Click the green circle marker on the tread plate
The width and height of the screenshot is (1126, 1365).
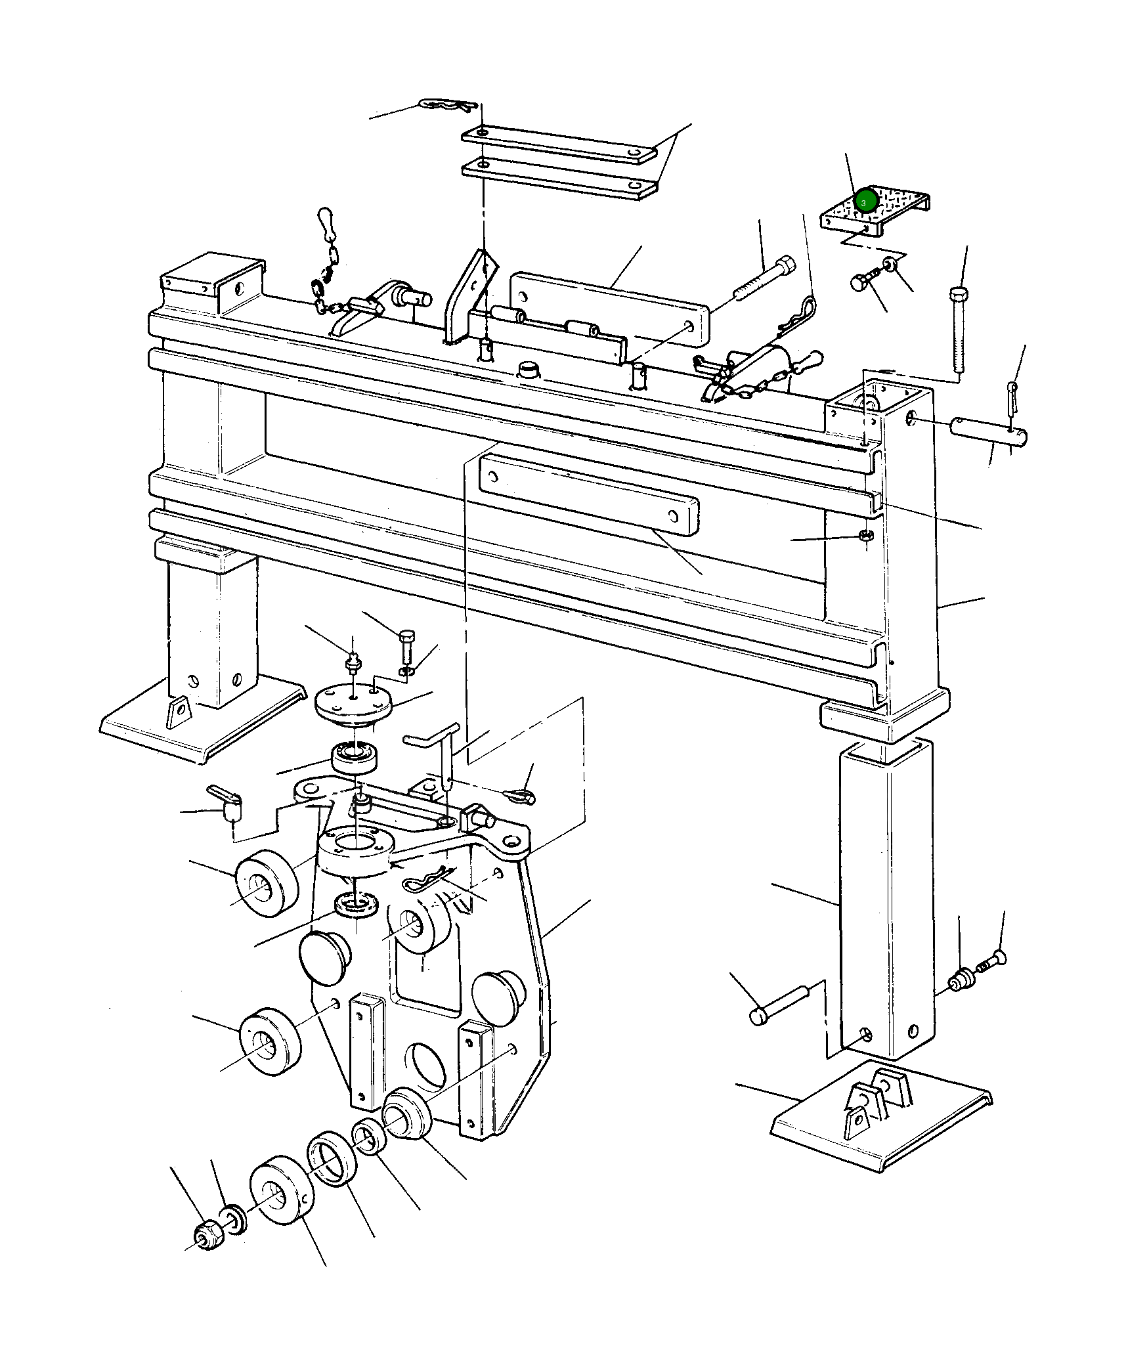click(866, 199)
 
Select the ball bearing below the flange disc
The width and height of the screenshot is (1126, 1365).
click(355, 760)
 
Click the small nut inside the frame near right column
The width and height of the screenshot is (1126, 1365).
click(865, 536)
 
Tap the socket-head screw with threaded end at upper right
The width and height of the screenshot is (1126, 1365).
click(765, 280)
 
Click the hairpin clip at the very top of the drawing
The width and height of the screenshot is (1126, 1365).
click(446, 105)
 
